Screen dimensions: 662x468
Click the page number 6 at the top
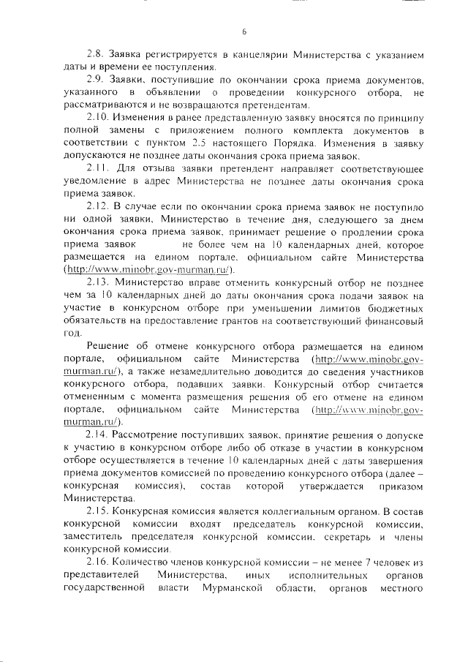tap(244, 31)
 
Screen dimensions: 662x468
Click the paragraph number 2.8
tap(96, 56)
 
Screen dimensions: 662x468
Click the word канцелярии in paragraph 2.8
tap(256, 56)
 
